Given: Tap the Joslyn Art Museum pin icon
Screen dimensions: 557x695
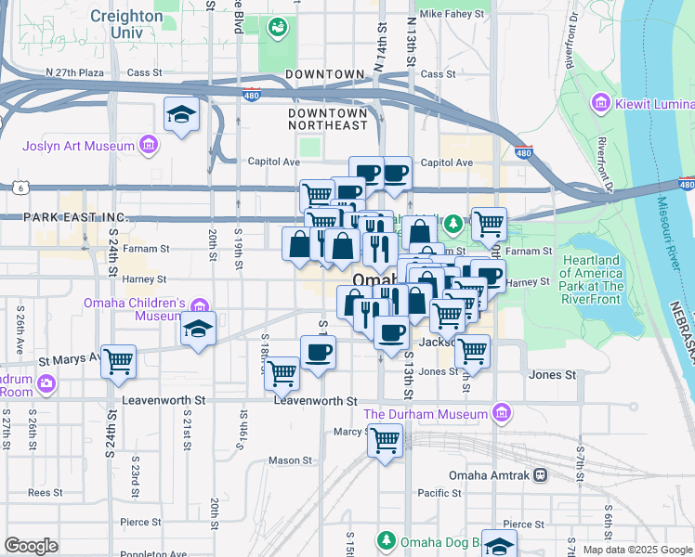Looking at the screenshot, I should (147, 144).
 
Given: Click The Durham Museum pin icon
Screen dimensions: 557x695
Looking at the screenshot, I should (502, 412).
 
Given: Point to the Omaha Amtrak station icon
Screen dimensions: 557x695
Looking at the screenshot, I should (541, 475).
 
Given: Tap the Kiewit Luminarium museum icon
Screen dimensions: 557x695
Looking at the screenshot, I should (600, 101).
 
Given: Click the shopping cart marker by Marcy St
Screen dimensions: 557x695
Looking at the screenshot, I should (385, 440).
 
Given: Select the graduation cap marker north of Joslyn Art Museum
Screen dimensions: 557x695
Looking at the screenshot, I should (182, 114).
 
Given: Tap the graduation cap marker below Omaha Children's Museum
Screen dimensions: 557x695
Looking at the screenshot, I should (199, 330).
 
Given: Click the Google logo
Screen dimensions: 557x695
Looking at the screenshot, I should (31, 546).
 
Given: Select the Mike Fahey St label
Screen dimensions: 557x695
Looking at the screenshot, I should (452, 15).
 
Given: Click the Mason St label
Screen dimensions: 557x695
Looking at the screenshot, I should (290, 460).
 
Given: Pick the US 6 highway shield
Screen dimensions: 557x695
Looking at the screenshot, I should (19, 188).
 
